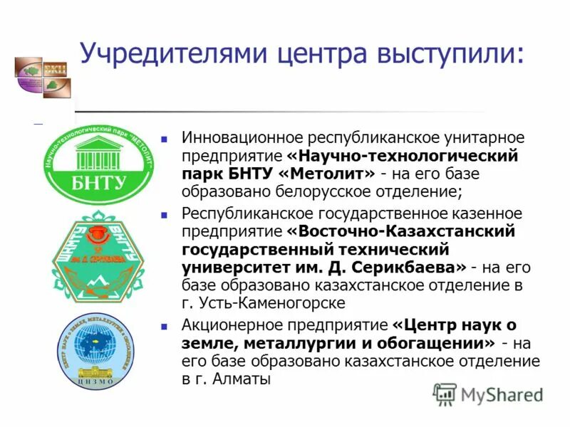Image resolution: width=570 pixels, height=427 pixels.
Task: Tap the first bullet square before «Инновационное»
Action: (165, 137)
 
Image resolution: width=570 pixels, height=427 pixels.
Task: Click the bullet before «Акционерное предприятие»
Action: (165, 326)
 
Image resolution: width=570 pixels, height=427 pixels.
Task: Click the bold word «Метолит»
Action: (328, 174)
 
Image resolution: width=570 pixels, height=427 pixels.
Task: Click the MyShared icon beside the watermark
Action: (445, 394)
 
